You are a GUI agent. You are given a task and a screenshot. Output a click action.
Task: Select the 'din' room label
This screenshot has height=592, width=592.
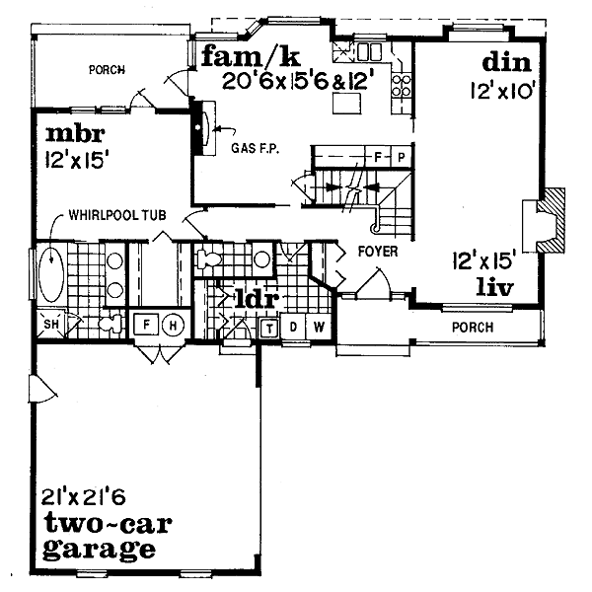click(507, 63)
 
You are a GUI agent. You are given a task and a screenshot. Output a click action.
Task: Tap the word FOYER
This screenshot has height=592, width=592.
click(378, 252)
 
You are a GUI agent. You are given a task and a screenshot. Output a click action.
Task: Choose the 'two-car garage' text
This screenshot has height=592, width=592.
click(98, 535)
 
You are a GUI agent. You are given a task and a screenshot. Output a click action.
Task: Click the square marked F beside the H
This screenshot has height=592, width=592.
click(146, 326)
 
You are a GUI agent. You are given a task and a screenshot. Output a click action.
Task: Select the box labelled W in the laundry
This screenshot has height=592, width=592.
click(320, 327)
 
